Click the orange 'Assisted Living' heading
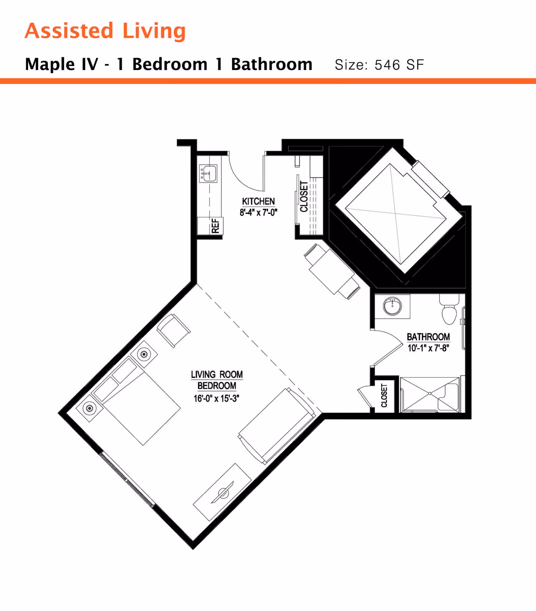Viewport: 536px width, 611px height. (x=105, y=31)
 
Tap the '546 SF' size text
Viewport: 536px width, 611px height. (x=399, y=65)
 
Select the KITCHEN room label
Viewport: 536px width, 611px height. (x=258, y=201)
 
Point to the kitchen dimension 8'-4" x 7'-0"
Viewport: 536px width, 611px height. (x=258, y=212)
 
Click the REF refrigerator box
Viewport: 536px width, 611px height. (x=210, y=226)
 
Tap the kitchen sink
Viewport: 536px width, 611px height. (x=208, y=173)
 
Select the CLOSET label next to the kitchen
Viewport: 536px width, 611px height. (x=304, y=196)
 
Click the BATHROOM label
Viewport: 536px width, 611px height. (x=428, y=337)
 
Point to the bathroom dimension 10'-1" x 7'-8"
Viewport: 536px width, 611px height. (x=428, y=348)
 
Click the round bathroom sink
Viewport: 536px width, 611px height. (x=392, y=306)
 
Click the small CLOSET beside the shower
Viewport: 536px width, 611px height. (x=384, y=395)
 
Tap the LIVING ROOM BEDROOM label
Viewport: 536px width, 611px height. (x=217, y=380)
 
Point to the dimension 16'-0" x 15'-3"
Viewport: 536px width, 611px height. (x=216, y=398)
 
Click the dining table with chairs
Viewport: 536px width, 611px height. (x=332, y=271)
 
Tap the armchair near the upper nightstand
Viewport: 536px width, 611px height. (x=174, y=330)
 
